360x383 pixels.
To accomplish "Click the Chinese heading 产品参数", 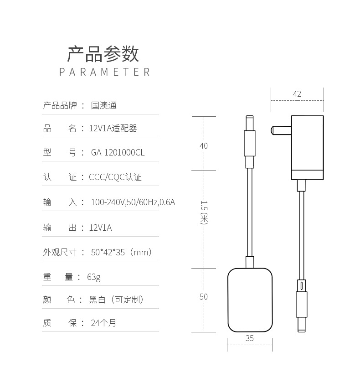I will (103, 54).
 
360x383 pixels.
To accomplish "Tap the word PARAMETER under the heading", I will (105, 72).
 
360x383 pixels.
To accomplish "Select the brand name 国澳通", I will (104, 106).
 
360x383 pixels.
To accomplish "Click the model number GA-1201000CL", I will (118, 153).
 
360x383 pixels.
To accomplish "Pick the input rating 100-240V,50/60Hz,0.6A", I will (133, 202).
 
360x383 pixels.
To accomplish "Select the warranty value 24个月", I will (103, 323).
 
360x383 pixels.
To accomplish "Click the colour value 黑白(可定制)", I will (117, 300).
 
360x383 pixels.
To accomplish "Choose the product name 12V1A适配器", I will (113, 129).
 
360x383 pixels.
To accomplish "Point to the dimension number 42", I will (297, 94).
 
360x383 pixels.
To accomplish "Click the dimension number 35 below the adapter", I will (250, 338).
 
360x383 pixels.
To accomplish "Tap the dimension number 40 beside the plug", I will (203, 146).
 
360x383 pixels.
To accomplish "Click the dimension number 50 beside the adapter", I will (203, 297).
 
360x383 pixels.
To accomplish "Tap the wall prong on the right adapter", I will (279, 130).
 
